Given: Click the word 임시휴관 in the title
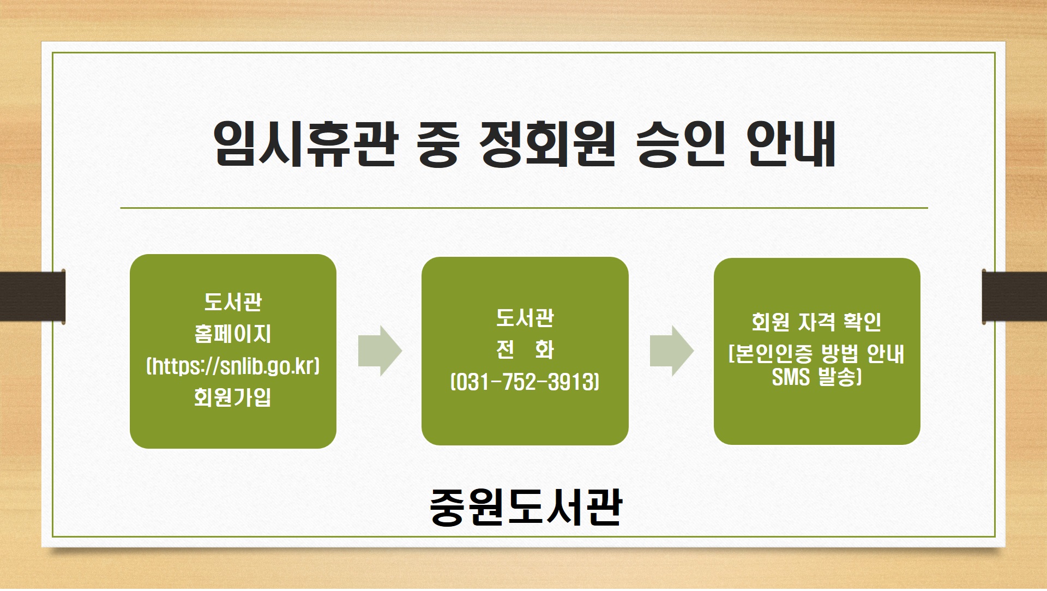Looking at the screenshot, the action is coord(305,144).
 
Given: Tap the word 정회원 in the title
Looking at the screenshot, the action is coord(547,144).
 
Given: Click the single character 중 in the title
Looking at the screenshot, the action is coord(438,144).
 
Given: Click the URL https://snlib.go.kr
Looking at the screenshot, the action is coord(233,366).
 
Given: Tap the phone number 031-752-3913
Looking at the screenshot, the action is coord(525,382).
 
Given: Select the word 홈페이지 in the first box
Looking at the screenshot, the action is coord(233,334).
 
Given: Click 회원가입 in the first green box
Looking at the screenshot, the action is coord(233,397).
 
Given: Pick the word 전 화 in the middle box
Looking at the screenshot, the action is coord(525,349).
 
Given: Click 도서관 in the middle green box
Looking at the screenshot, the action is coord(525,318).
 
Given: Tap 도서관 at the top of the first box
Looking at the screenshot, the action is coord(233,301).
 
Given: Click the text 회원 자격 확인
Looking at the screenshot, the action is coord(816,322).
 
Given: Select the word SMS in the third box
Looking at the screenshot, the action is coord(791,377).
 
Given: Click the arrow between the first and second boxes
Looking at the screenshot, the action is coord(380,351).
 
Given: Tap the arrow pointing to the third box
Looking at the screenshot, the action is coord(672,351).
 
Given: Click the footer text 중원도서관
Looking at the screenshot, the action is coord(526,507).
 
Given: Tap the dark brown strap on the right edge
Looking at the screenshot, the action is coord(1014,296).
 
